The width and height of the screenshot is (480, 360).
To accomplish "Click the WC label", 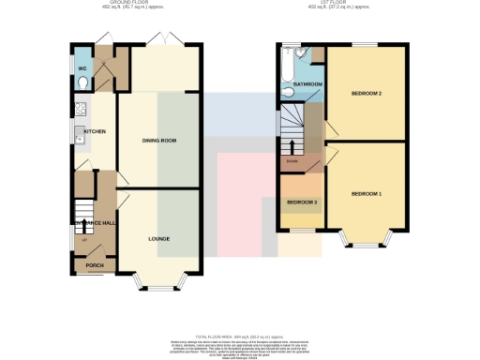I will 82,69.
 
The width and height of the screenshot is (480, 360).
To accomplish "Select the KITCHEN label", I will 96,131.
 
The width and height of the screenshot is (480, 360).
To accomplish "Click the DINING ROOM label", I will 159,140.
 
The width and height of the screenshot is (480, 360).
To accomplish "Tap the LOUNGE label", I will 158,239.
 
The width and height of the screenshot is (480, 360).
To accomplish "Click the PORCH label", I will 95,264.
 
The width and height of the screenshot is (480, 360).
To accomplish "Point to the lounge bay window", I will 158,280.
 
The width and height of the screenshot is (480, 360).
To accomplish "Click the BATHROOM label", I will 307,84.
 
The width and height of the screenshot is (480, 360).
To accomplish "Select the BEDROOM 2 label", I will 367,94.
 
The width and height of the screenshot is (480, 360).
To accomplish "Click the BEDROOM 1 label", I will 367,192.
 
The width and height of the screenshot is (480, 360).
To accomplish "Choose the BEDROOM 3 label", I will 302,202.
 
